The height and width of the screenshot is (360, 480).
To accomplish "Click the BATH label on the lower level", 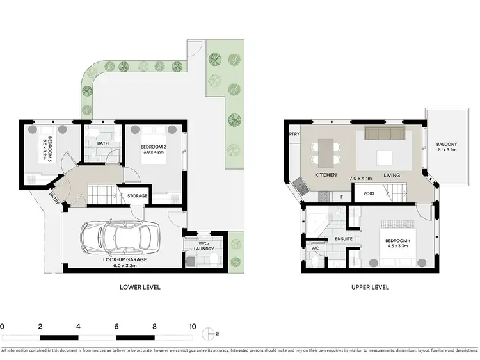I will coord(103,143).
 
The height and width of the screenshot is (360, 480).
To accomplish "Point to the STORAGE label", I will coord(138,196).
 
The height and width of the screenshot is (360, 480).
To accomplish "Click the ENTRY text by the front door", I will coord(54,199).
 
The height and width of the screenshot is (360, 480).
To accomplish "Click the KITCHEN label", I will coord(326,176).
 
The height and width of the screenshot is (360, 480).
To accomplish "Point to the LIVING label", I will coord(392,176).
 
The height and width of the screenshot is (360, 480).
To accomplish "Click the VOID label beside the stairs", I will coord(368,193).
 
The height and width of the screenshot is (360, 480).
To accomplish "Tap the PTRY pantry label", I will coord(294,135).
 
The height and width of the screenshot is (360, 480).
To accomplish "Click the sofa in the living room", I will coord(383,133).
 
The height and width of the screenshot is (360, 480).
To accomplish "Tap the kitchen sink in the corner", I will coord(300,186).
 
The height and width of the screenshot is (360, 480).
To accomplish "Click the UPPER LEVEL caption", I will coord(369,288).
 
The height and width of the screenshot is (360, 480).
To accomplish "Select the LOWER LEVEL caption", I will coord(140,288).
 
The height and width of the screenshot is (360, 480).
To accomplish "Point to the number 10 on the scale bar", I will coord(192,327).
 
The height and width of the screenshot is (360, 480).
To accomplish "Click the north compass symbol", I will coord(209,333).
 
